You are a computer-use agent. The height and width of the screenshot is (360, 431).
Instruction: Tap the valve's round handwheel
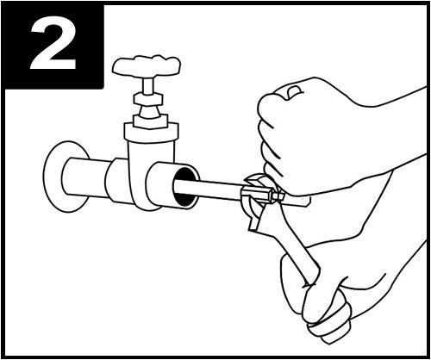(x=147, y=67)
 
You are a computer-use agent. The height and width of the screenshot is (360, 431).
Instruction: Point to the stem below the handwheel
(x=148, y=86)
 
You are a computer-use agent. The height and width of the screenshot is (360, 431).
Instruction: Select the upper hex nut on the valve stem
(x=148, y=99)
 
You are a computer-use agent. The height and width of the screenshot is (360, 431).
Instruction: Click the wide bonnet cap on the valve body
(x=151, y=132)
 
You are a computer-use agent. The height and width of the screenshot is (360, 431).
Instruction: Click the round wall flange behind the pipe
(x=54, y=177)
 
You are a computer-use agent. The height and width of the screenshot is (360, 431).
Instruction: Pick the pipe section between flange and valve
(x=85, y=177)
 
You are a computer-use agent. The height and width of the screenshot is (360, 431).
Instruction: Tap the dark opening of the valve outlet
(x=184, y=187)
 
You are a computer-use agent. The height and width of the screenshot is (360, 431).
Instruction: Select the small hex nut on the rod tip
(x=278, y=196)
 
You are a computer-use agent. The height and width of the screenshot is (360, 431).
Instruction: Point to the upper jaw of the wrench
(x=255, y=180)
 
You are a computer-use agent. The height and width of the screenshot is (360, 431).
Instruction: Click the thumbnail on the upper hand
(x=294, y=92)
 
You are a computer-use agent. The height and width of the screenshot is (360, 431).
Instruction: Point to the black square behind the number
(x=53, y=46)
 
